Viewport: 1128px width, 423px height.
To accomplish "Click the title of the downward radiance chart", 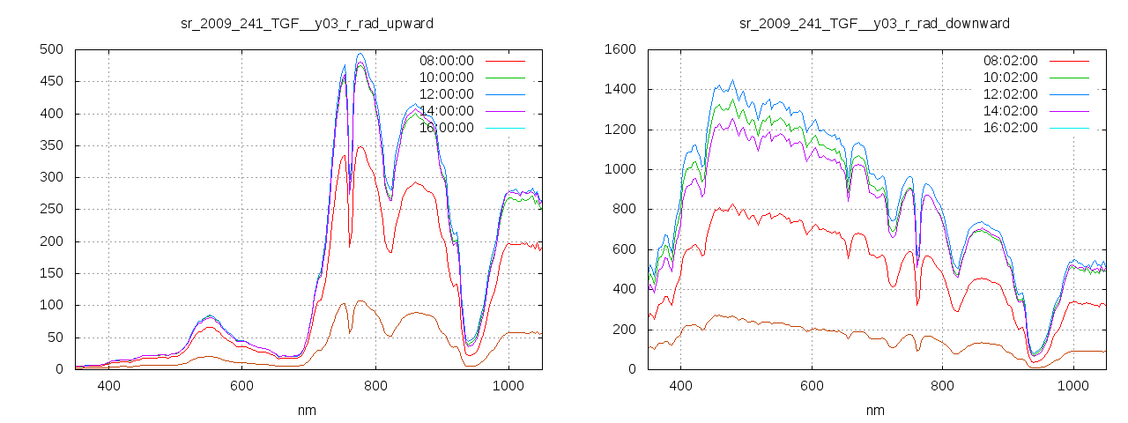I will pyautogui.click(x=874, y=23).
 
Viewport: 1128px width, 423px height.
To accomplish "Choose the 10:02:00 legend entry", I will pyautogui.click(x=1010, y=78).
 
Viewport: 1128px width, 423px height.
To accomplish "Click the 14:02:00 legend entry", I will pyautogui.click(x=1010, y=111).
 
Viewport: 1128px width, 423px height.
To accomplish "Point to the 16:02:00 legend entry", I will pyautogui.click(x=1010, y=128).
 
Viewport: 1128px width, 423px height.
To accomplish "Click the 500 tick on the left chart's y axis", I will pyautogui.click(x=50, y=49).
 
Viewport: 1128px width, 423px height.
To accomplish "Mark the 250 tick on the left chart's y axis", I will pyautogui.click(x=50, y=210).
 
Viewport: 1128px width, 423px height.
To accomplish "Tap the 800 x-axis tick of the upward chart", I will pyautogui.click(x=375, y=386).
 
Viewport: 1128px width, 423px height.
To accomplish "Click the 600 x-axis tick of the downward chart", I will pyautogui.click(x=811, y=386).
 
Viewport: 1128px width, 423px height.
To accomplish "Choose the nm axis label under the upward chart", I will pyautogui.click(x=308, y=410).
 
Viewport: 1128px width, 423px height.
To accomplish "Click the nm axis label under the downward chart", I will pyautogui.click(x=875, y=410).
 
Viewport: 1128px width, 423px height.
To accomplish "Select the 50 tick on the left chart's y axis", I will pyautogui.click(x=54, y=338).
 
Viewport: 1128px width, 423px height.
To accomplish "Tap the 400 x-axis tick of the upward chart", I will pyautogui.click(x=109, y=386).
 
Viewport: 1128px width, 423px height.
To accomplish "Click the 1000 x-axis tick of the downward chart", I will pyautogui.click(x=1073, y=386).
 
